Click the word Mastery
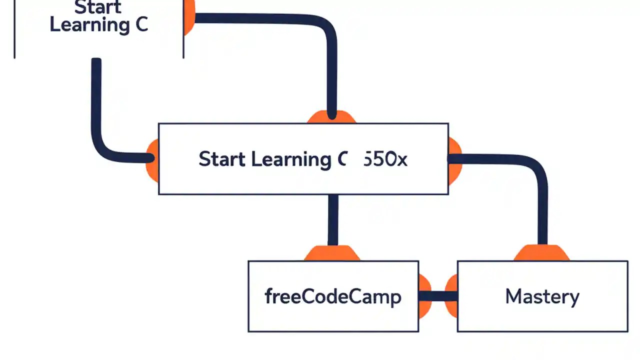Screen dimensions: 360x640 (542, 296)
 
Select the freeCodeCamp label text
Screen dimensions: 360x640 (332, 297)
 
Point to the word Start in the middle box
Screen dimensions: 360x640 (221, 159)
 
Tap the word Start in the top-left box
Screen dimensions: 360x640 (98, 7)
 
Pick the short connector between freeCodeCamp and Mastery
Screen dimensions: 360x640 (438, 296)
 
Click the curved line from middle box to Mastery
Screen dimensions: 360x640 (535, 170)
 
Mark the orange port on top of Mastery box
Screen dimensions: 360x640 (541, 253)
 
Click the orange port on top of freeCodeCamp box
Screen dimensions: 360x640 (332, 253)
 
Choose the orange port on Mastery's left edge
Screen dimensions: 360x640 (452, 296)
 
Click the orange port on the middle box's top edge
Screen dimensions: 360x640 (331, 118)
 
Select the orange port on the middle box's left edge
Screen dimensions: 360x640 (152, 159)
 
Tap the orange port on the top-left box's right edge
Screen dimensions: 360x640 (189, 18)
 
